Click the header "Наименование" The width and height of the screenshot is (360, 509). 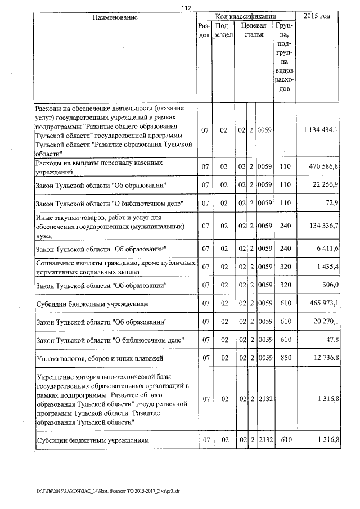[115, 18]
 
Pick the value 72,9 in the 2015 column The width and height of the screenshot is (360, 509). [332, 202]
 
